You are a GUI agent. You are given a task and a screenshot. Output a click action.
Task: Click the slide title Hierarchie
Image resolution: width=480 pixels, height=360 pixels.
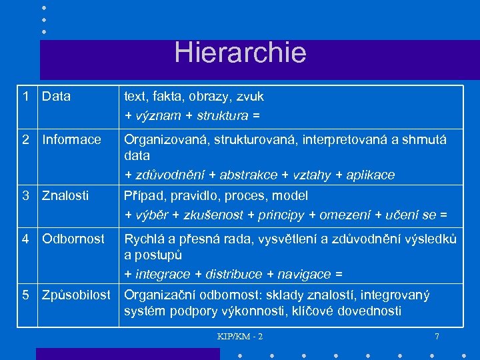[x=240, y=53]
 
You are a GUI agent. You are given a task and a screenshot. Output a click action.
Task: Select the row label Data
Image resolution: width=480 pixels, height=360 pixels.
[x=56, y=97]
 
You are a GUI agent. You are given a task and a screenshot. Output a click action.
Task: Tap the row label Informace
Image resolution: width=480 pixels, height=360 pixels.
[x=71, y=140]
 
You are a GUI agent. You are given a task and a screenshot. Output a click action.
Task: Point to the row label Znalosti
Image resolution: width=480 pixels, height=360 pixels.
[x=65, y=196]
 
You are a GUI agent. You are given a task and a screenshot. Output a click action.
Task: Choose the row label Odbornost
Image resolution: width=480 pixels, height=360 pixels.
[x=73, y=239]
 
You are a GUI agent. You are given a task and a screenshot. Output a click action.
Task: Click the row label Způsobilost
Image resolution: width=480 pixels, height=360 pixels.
[x=76, y=295]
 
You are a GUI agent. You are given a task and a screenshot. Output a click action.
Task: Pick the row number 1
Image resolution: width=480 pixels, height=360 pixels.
[x=25, y=97]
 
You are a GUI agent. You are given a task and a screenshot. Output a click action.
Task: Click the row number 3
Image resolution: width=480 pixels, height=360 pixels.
[x=25, y=196]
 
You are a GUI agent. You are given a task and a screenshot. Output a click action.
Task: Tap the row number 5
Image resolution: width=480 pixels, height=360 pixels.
[x=25, y=295]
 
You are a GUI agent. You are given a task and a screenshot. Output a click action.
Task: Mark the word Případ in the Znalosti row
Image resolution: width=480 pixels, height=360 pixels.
[x=144, y=196]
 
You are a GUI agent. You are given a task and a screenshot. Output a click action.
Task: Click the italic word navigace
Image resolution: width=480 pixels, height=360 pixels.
[x=303, y=274]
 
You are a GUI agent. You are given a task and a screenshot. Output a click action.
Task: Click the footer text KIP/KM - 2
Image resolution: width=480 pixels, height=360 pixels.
[x=240, y=336]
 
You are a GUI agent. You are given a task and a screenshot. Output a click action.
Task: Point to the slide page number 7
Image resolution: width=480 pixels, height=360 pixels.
[x=437, y=336]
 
